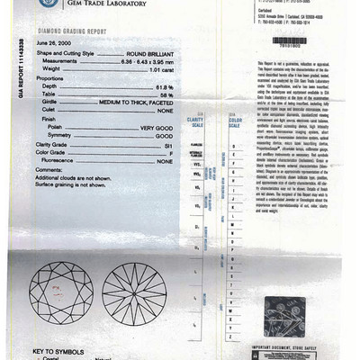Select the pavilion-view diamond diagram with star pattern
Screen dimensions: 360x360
(134, 292)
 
